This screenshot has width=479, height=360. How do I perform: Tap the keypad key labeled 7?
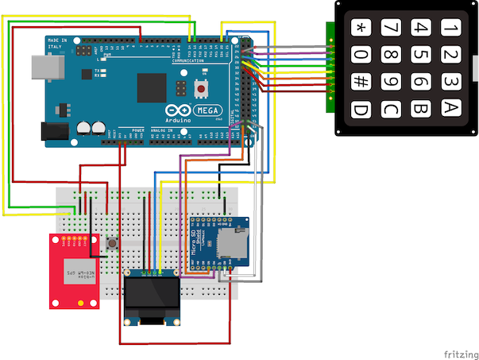pos(389,29)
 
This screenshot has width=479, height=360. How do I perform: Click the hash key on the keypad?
pos(361,82)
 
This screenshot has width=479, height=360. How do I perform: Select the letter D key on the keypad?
pos(361,108)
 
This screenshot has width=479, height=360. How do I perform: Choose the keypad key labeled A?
pos(450,108)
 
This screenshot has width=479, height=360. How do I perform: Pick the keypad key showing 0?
pos(361,56)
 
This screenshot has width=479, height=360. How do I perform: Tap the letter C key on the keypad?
pos(389,108)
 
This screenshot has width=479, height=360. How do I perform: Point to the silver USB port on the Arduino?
pos(41,68)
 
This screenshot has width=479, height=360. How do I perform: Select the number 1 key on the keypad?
pos(450,29)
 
